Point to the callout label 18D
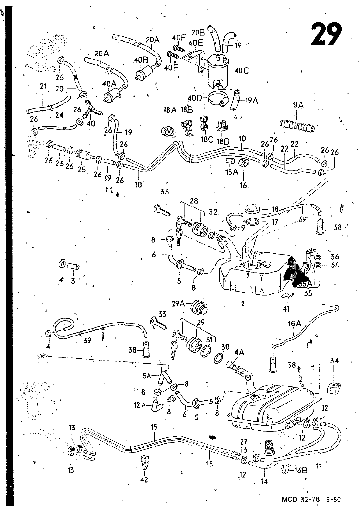tap(223, 141)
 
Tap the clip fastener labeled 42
tap(144, 463)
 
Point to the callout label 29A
tap(178, 304)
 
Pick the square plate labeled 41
tap(287, 296)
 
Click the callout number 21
tap(43, 86)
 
